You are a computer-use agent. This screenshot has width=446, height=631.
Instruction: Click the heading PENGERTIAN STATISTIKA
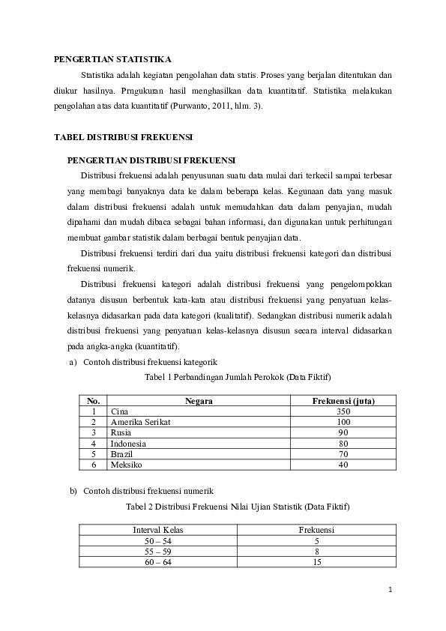tap(112, 58)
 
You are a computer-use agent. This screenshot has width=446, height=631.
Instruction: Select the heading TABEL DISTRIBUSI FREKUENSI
tap(124, 138)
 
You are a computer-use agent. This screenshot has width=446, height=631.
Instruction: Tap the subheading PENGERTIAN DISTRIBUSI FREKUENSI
tap(151, 160)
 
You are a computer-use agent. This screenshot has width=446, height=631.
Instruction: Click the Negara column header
tap(199, 401)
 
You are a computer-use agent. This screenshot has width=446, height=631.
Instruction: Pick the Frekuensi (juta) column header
tap(343, 401)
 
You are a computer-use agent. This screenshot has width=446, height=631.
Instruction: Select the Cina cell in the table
tap(118, 411)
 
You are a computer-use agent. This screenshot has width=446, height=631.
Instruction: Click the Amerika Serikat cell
tap(140, 422)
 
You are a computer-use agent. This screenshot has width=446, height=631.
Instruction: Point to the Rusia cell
tap(121, 432)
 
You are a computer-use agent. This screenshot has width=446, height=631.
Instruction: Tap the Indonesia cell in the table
tap(128, 444)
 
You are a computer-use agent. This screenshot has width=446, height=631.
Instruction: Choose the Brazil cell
tap(121, 454)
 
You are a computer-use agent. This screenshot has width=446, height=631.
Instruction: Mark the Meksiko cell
tap(125, 465)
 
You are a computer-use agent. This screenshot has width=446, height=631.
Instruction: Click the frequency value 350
tap(343, 411)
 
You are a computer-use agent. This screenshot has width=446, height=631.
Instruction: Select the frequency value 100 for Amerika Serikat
tap(343, 422)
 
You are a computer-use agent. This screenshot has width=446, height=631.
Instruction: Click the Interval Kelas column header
tap(158, 530)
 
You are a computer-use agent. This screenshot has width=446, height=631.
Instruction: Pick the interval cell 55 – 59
tap(158, 551)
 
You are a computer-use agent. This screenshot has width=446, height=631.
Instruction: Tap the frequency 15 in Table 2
tap(317, 562)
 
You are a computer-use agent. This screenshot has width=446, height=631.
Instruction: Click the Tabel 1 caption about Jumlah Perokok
tap(238, 376)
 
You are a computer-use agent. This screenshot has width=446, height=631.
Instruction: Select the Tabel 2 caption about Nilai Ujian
tap(238, 507)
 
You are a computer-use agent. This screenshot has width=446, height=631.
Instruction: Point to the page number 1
tap(391, 590)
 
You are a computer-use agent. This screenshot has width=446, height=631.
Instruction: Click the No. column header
tap(94, 401)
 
